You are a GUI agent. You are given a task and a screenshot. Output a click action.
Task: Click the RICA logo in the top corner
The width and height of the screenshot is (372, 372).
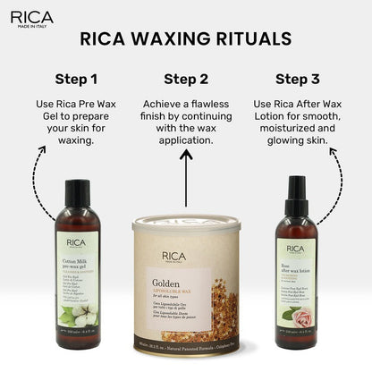point(31,17)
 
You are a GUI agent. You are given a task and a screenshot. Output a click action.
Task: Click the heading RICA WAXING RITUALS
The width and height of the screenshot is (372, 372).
point(185,38)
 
